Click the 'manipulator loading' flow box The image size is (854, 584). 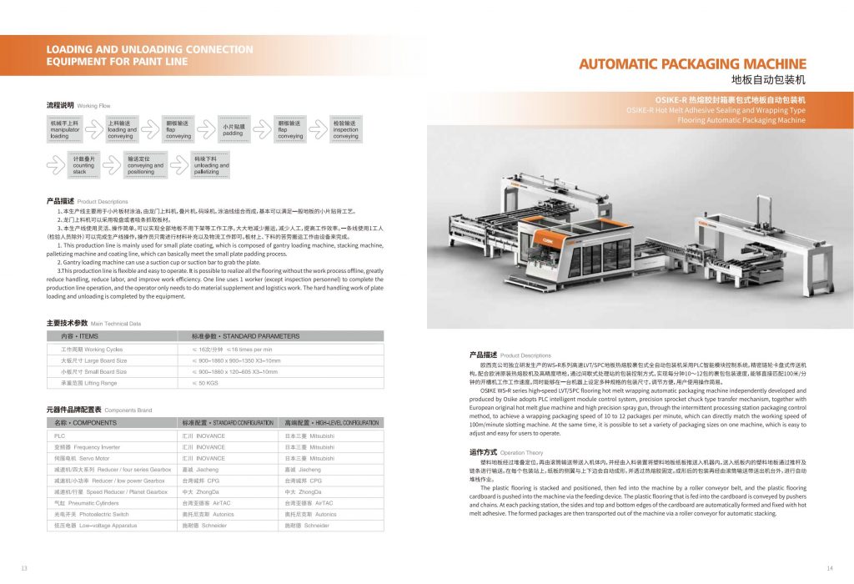coord(66,129)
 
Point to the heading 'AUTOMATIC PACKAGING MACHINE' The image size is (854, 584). coord(692,64)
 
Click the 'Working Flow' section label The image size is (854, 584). coord(93,107)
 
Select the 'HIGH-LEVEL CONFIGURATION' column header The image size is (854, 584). coord(331,423)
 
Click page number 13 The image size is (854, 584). coord(24,568)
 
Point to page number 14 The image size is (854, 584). coord(830,568)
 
